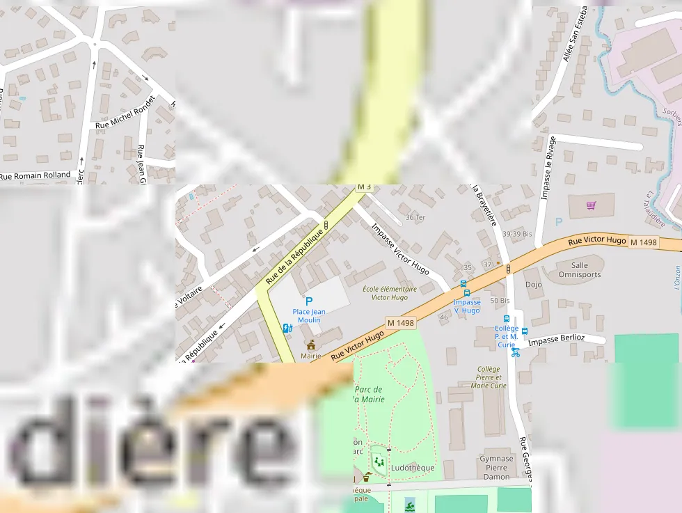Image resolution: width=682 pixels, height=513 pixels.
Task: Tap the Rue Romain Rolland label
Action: click(35, 175)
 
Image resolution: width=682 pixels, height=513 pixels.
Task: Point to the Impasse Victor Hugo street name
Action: click(400, 248)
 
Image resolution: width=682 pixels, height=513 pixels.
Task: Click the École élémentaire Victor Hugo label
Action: click(390, 292)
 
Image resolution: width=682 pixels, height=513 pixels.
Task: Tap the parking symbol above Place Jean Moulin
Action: click(309, 301)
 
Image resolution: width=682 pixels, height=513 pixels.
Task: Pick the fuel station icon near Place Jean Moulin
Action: click(287, 328)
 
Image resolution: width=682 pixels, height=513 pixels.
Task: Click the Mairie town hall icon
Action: click(311, 345)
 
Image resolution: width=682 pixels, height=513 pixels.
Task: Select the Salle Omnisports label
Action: click(580, 269)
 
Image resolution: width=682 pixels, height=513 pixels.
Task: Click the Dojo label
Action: click(534, 285)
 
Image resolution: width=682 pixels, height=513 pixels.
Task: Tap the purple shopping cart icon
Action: click(591, 205)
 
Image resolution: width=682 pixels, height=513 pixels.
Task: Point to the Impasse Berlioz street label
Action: click(556, 339)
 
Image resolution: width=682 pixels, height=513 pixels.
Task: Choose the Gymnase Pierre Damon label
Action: click(496, 468)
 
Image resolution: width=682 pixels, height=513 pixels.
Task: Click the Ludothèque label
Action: click(413, 468)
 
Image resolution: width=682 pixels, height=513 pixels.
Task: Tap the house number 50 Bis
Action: click(500, 300)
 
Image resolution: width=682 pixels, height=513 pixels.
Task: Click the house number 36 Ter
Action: click(415, 217)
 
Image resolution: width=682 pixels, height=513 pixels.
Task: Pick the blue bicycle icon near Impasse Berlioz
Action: click(516, 352)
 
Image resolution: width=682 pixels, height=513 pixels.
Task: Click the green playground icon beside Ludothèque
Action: click(379, 461)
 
